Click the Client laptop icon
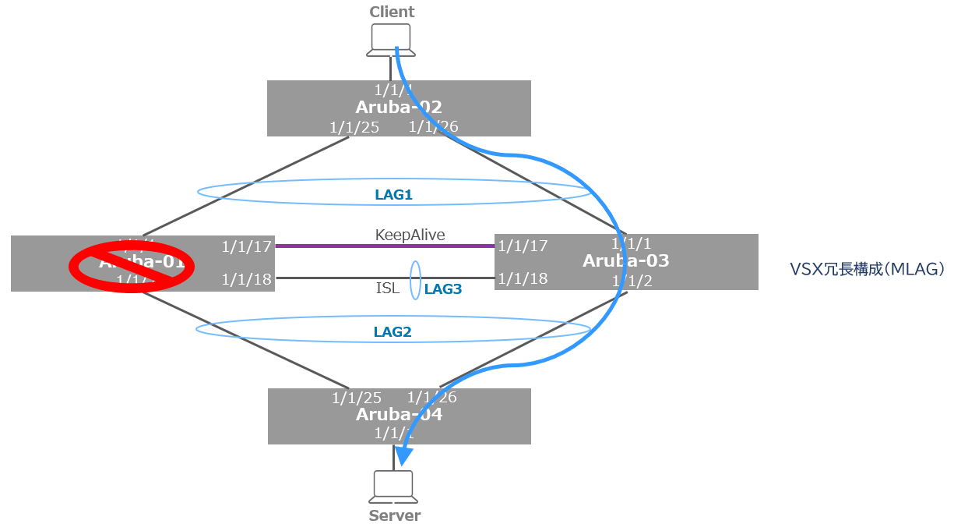coord(390,40)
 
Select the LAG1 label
coord(393,195)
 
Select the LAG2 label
coord(392,332)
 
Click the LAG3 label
coord(443,289)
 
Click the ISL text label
coord(388,289)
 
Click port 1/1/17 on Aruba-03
coord(523,246)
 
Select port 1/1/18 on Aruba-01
coord(246,278)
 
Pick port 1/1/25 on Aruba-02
coord(354,127)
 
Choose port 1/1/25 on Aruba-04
coord(357,398)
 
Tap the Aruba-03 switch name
coord(625,261)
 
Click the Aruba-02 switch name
coord(399,108)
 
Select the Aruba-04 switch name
coord(399,414)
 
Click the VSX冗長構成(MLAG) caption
coord(867,270)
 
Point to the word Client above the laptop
coord(392,12)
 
